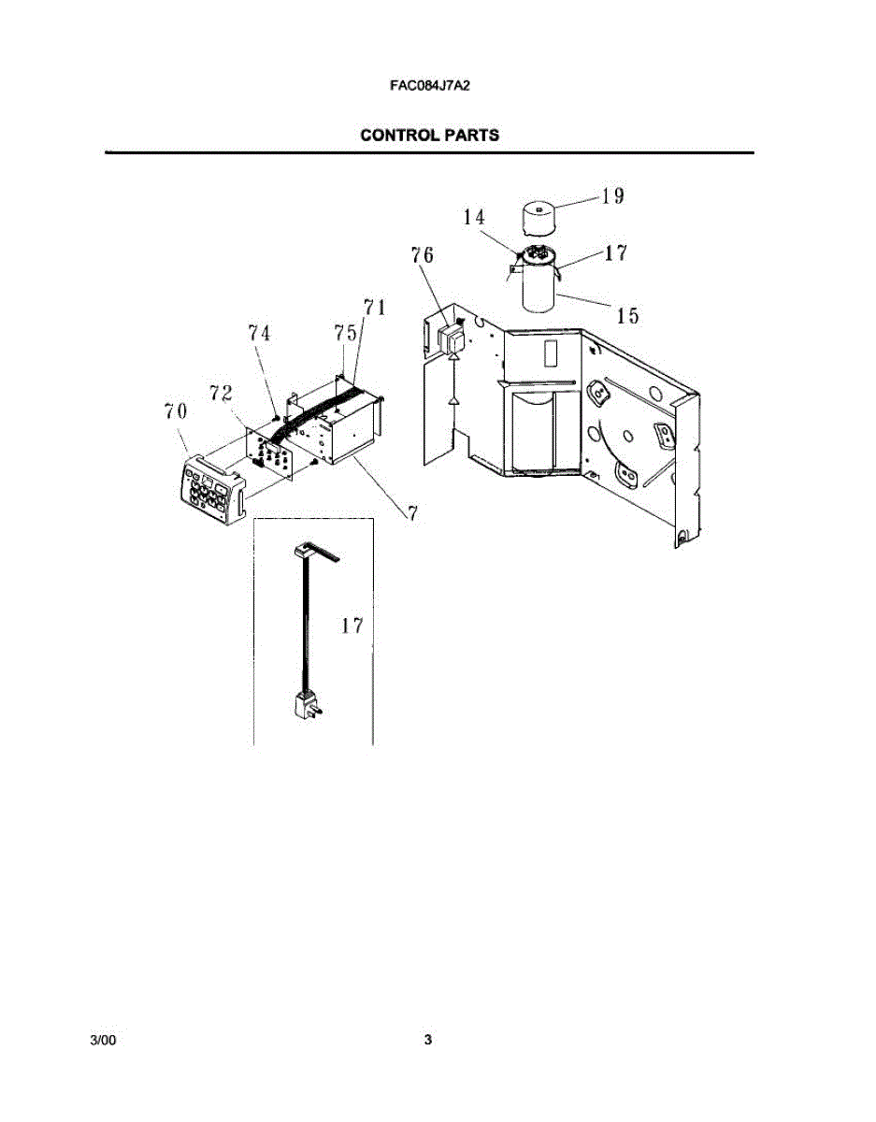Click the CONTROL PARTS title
pyautogui.click(x=429, y=136)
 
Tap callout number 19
pyautogui.click(x=613, y=196)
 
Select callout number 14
pyautogui.click(x=474, y=217)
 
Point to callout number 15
pyautogui.click(x=628, y=316)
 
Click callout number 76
pyautogui.click(x=423, y=255)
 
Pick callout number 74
pyautogui.click(x=260, y=333)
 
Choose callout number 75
pyautogui.click(x=345, y=333)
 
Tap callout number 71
pyautogui.click(x=375, y=308)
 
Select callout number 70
pyautogui.click(x=176, y=410)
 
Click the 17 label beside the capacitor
pyautogui.click(x=616, y=252)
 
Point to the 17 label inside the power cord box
pyautogui.click(x=352, y=626)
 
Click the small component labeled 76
pyautogui.click(x=452, y=340)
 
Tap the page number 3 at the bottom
pyautogui.click(x=428, y=1040)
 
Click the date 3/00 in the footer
pyautogui.click(x=102, y=1040)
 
